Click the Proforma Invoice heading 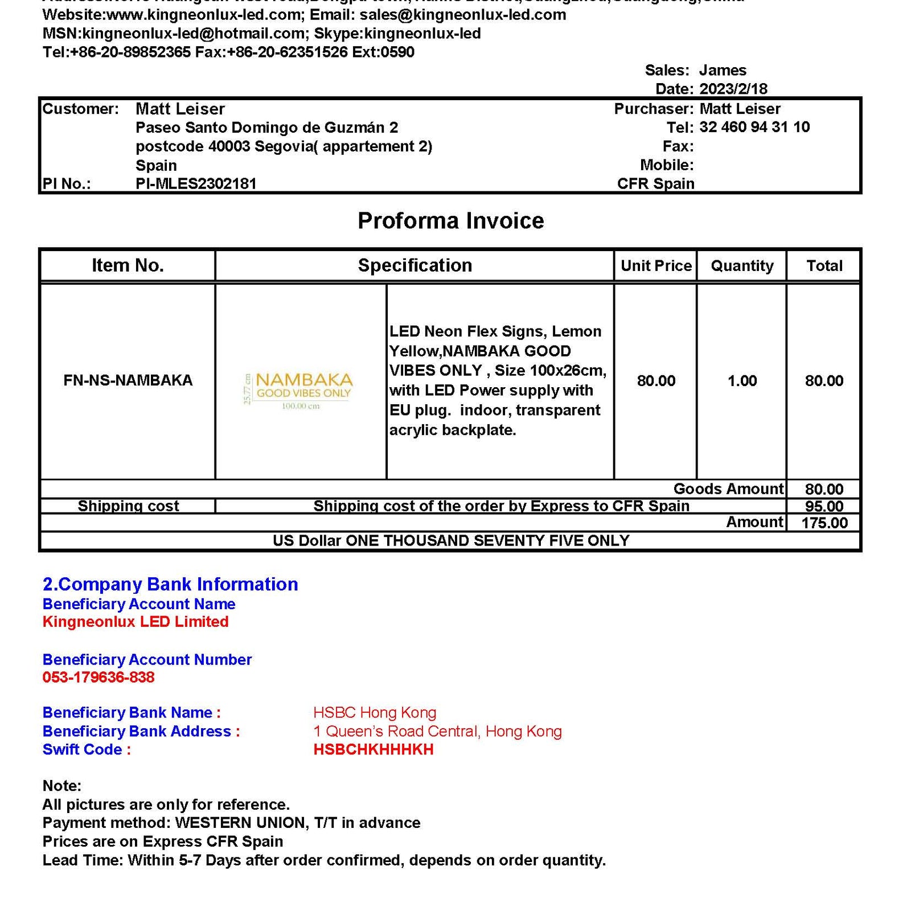click(x=450, y=221)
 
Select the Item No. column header click(x=128, y=265)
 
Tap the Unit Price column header click(x=656, y=266)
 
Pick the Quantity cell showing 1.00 click(x=742, y=381)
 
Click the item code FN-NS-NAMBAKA click(x=128, y=380)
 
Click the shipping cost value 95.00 click(x=824, y=506)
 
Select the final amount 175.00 click(x=824, y=523)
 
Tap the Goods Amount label click(x=728, y=489)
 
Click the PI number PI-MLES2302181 click(x=196, y=184)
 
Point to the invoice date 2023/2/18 click(x=733, y=89)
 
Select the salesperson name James click(x=723, y=71)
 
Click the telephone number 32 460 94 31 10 click(x=754, y=127)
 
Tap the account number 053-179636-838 click(x=99, y=678)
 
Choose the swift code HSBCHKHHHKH click(x=374, y=750)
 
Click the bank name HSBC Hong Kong click(x=375, y=713)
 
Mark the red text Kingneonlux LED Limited click(x=136, y=622)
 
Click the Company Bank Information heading click(x=170, y=585)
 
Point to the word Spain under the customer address click(x=156, y=166)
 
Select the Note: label click(x=62, y=786)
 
